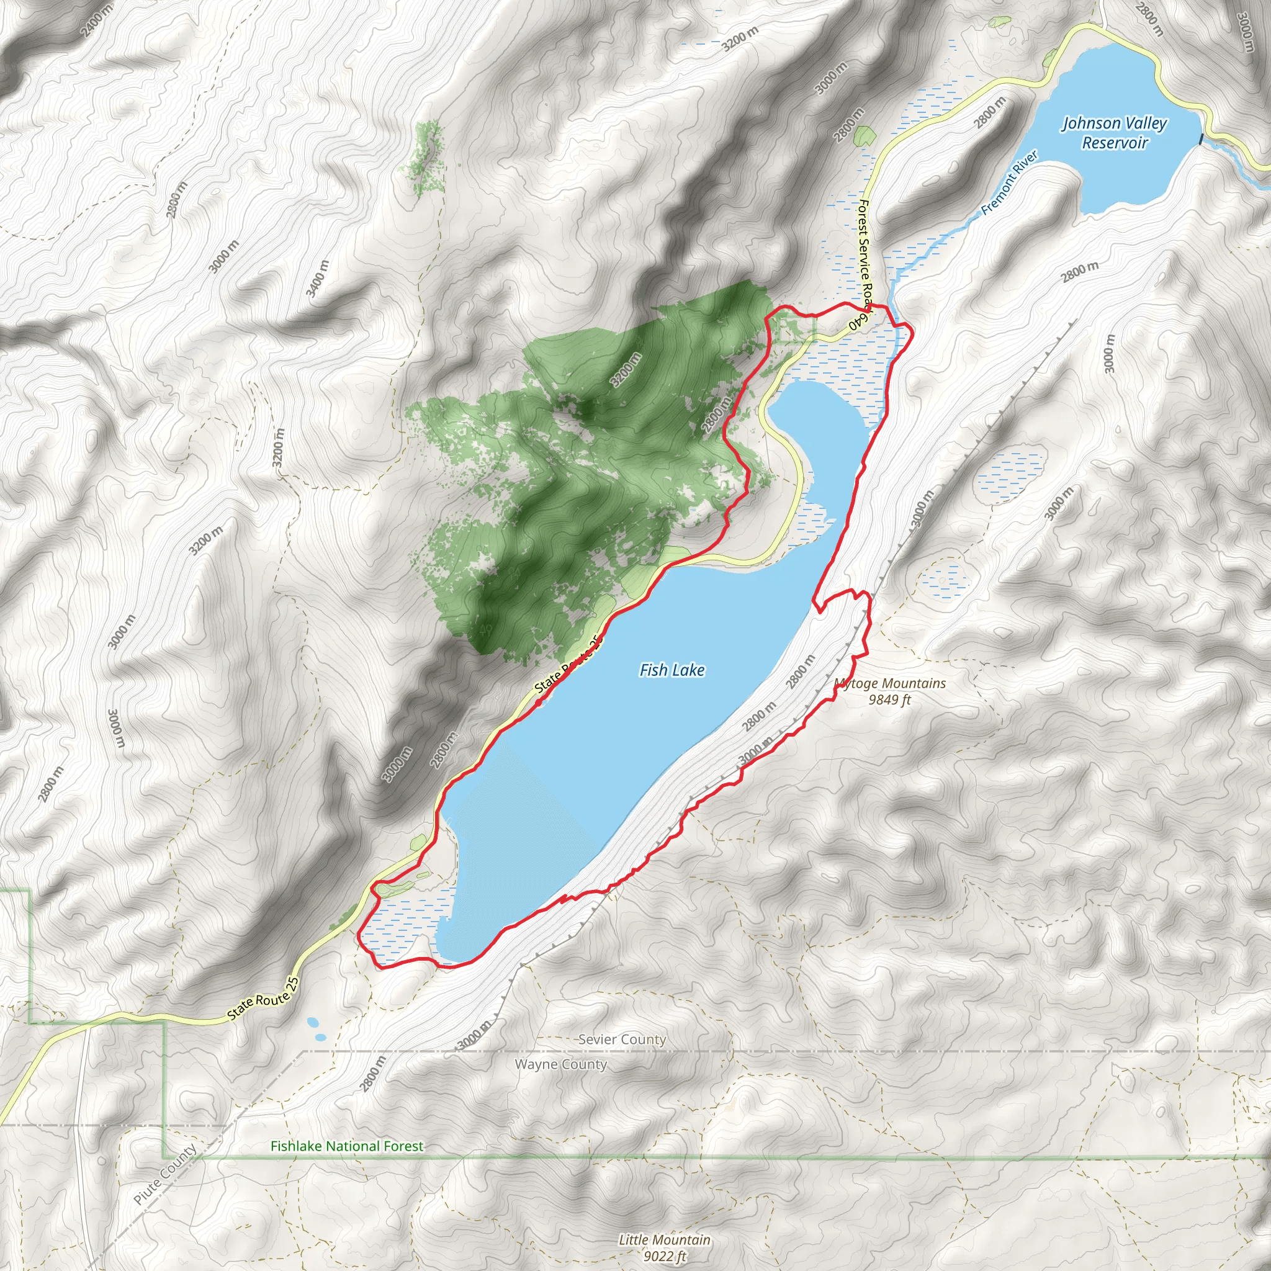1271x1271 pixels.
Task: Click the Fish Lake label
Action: (x=671, y=670)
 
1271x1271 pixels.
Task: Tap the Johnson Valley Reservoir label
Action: (x=1114, y=133)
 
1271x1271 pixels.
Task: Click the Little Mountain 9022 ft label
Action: (x=665, y=1247)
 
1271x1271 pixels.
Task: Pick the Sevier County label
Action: (x=622, y=1040)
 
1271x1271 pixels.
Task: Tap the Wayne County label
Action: (x=560, y=1064)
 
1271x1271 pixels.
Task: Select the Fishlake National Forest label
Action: (x=347, y=1146)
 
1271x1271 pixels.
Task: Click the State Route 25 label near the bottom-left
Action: (x=263, y=999)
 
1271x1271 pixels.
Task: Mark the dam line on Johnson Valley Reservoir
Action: (x=1201, y=139)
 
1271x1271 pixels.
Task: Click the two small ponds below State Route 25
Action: (x=316, y=1030)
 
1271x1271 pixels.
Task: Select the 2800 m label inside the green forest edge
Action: (x=716, y=415)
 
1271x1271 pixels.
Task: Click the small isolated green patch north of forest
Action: (x=426, y=158)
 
